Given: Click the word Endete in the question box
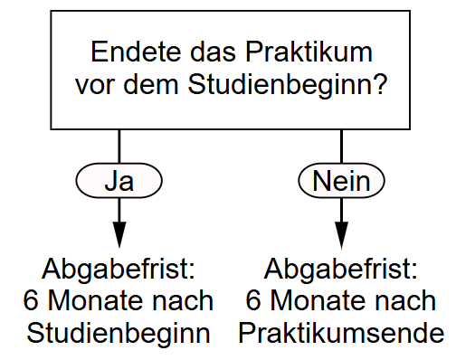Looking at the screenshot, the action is coord(136,52).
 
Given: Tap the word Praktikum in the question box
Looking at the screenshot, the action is coord(309,52).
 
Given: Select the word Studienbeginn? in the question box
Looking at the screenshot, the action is coord(288,84).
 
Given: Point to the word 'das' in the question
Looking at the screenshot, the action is coord(213,52).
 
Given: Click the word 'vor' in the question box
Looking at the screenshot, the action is coord(95,85).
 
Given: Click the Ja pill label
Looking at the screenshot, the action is coord(119,181).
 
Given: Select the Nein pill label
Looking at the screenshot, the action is coord(341,181).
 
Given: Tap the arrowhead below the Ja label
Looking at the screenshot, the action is coord(119,234).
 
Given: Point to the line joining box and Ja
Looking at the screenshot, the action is coord(119,147).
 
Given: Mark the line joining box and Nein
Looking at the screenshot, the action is coord(341,147).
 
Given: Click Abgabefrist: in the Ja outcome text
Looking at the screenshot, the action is coord(119,270).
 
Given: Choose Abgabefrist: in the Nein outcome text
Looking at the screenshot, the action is coord(341,270).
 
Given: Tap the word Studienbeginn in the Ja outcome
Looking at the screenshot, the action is coord(119,334).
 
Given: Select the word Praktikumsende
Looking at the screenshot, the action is coord(341,333).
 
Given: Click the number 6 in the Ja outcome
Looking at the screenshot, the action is coord(31,300).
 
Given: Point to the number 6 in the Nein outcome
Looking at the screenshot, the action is coord(253,300).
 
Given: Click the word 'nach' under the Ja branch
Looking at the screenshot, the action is coord(183,300).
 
